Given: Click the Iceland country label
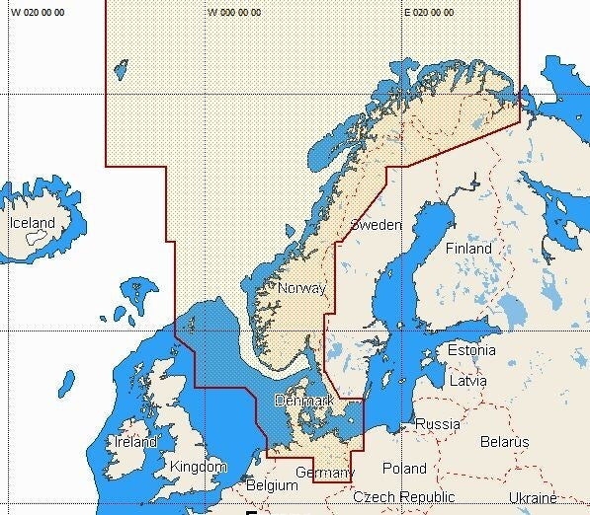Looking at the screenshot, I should click(32, 223).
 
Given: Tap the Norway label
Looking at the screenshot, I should click(301, 288).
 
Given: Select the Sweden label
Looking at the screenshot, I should click(376, 225).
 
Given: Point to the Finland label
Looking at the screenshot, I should click(467, 249).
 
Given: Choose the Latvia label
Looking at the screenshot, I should click(467, 380).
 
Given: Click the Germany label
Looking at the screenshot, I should click(324, 474).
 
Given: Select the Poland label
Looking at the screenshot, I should click(404, 468).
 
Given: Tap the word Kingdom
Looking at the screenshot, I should click(199, 466).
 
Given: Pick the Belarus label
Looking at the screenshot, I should click(504, 441).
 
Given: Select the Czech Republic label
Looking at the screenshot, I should click(404, 497).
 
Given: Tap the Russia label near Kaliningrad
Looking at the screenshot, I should click(437, 424).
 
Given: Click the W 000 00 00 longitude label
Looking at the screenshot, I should click(235, 13).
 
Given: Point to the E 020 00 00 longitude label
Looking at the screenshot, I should click(430, 13).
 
